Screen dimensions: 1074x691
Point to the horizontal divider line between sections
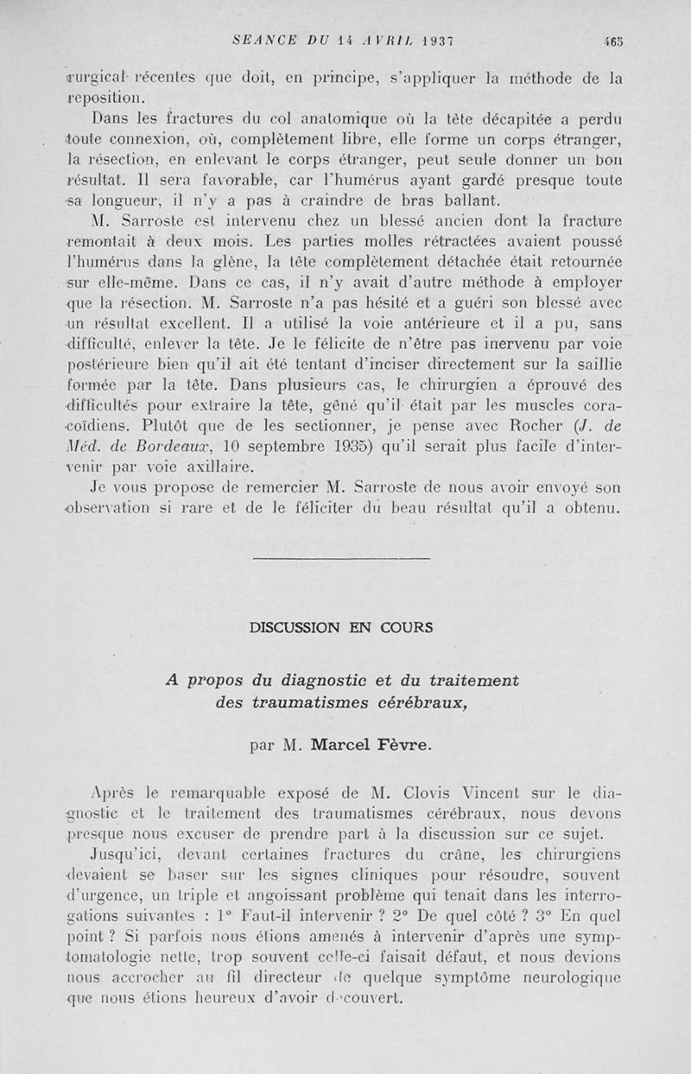coord(343,561)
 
